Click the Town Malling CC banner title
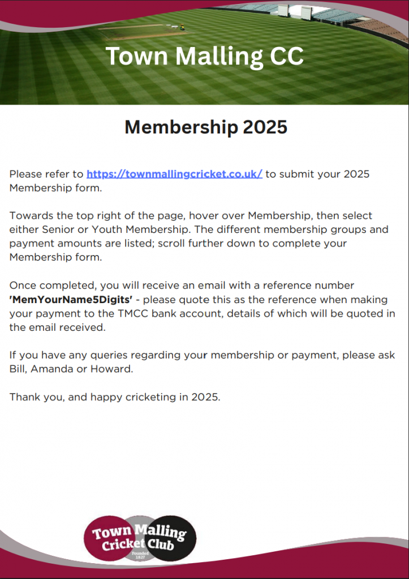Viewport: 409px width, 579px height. (204, 57)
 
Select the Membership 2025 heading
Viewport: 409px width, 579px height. (206, 127)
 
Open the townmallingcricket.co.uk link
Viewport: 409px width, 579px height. (174, 174)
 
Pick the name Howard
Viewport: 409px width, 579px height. (117, 369)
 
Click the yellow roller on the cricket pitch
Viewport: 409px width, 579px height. (182, 26)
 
